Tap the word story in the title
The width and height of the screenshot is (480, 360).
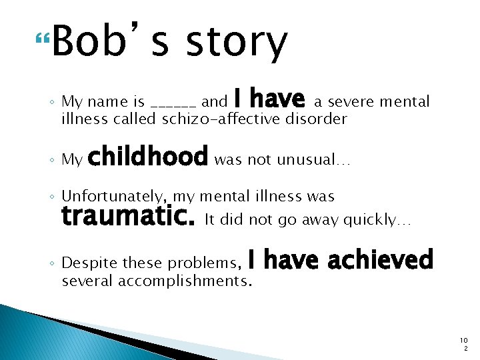click(237, 42)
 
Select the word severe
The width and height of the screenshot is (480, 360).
click(352, 101)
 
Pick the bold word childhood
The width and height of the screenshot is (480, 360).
click(148, 157)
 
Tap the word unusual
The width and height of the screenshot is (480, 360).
click(305, 159)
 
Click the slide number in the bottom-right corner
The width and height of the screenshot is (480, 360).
click(463, 345)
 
